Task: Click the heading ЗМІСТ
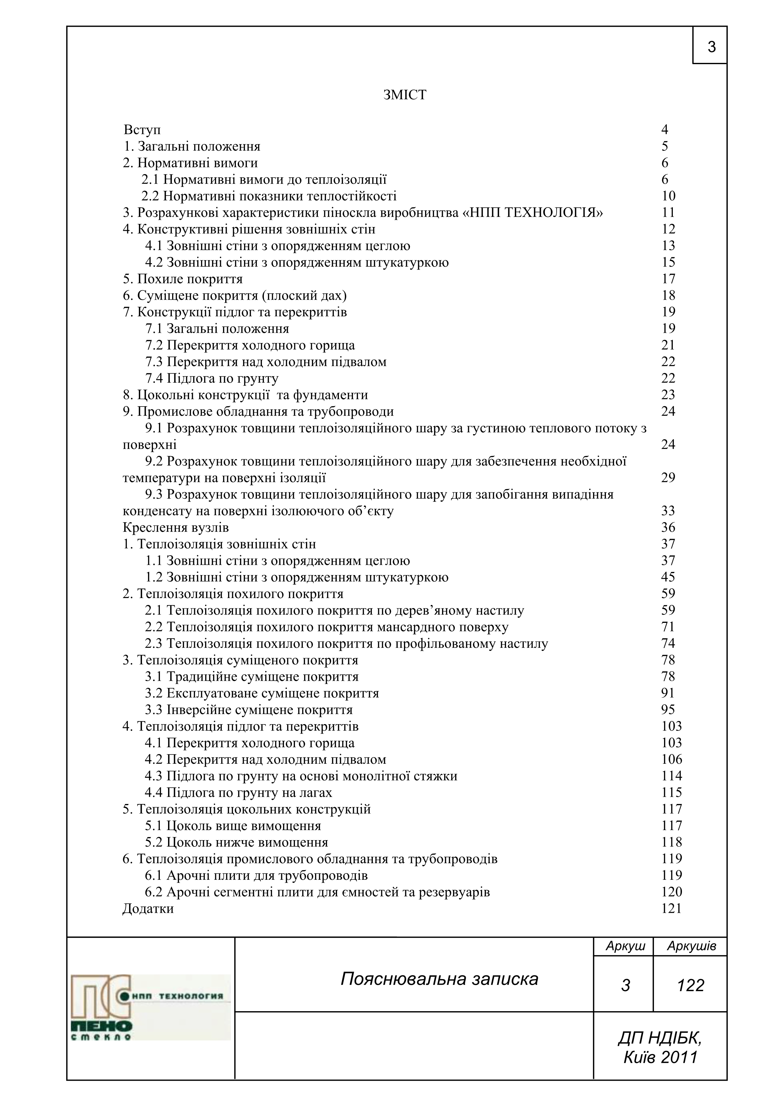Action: coord(405,95)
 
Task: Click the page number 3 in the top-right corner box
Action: coord(711,47)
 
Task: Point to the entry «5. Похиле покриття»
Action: coord(190,279)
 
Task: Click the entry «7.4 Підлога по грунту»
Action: coord(212,379)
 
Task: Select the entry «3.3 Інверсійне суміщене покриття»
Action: coord(249,710)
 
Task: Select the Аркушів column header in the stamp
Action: coord(691,946)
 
